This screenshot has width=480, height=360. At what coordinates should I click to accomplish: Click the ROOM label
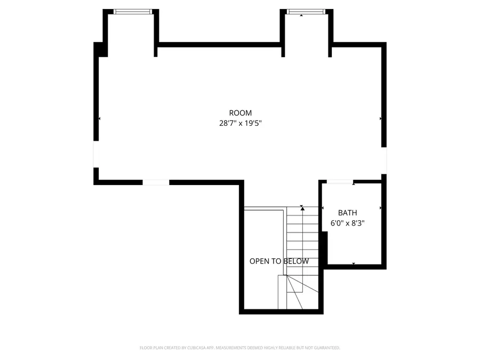pos(240,113)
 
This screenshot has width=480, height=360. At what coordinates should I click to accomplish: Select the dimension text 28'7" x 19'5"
pos(240,123)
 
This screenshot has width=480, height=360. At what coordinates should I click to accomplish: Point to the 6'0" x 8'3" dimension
pos(347,223)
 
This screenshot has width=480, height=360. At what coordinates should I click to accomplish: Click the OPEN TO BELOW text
pos(279,261)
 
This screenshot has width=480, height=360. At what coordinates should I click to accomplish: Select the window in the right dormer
pos(306,11)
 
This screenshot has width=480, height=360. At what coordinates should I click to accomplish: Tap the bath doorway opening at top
pos(340,182)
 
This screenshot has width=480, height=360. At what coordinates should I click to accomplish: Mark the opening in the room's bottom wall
pos(156,182)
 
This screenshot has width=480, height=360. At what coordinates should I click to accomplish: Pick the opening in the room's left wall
pos(96,154)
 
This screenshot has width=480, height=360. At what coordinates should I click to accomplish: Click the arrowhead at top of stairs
pos(302,208)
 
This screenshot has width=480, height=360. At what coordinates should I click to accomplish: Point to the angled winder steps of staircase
pos(296,291)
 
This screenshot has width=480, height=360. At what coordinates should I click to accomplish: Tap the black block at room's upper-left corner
pos(100,49)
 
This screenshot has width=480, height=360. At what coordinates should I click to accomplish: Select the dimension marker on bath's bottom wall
pos(353,263)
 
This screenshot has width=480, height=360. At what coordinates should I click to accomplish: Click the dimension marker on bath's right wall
pos(380,207)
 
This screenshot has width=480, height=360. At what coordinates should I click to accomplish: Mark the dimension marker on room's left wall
pos(100,118)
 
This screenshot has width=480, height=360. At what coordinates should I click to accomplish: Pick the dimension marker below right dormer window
pos(301,15)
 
